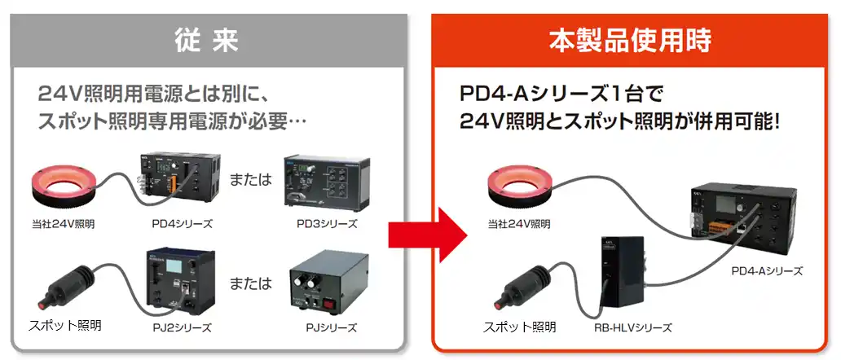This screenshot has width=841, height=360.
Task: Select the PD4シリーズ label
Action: pyautogui.click(x=182, y=223)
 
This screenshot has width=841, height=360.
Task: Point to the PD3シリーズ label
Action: pyautogui.click(x=327, y=223)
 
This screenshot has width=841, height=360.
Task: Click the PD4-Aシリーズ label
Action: pyautogui.click(x=767, y=271)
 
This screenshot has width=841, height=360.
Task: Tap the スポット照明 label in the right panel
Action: pyautogui.click(x=520, y=327)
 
